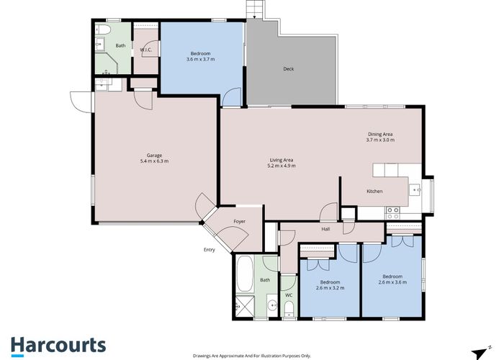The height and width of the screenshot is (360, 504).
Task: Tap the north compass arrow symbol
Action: [x=477, y=349]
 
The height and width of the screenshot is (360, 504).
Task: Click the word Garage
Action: [x=153, y=156]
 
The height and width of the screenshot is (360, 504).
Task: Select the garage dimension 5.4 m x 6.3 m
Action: [x=153, y=161]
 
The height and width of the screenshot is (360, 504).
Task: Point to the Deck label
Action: [x=288, y=69]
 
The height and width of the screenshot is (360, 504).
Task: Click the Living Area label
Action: [x=282, y=160]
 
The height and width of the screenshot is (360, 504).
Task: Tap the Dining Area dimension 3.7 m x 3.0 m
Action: [x=380, y=140]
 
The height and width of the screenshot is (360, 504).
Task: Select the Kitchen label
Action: [x=374, y=191]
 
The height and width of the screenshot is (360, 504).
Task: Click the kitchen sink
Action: [x=415, y=190]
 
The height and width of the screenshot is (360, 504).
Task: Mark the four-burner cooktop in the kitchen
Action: [x=393, y=212]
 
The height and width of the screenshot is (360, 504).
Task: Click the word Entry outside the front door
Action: [x=210, y=250]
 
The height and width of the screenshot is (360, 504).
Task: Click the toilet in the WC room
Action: [x=288, y=310]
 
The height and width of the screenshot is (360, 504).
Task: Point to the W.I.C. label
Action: [x=145, y=50]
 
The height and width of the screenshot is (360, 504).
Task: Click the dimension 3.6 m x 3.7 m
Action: [x=201, y=60]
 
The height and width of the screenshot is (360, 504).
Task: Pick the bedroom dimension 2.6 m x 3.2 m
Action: [x=330, y=288]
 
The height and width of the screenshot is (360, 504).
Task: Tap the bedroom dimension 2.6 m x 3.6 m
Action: [x=392, y=282]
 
